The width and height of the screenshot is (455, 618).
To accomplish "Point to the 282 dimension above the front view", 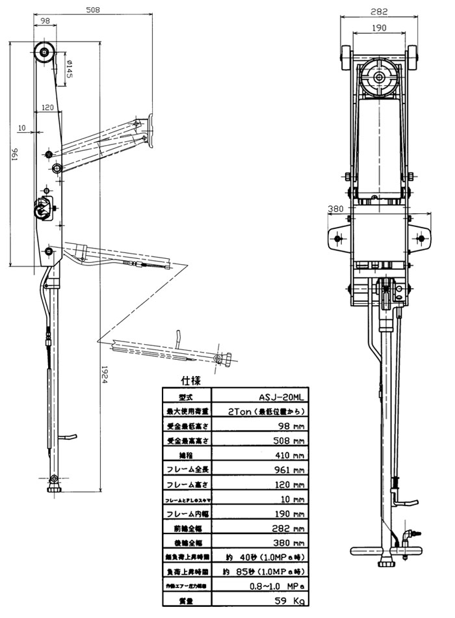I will coord(380,11).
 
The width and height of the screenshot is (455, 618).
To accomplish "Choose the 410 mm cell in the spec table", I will coord(278,453).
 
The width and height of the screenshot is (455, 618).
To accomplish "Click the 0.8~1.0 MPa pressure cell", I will coord(278,585).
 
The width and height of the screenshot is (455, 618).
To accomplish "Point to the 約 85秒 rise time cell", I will coord(278,571).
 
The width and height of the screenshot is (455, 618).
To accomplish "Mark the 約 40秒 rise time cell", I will coord(278,557).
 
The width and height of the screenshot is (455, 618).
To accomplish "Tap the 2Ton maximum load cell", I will coord(278,410).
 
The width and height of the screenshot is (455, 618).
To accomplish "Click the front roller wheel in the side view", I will coord(45,52).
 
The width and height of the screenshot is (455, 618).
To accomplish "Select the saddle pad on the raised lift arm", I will coord(151,131).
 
